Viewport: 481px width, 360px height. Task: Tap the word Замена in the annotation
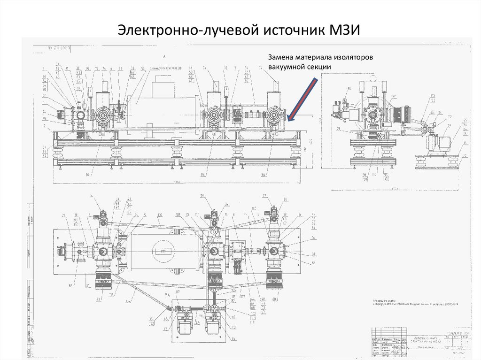click(x=281, y=57)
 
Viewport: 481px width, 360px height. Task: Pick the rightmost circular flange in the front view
click(x=273, y=115)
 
